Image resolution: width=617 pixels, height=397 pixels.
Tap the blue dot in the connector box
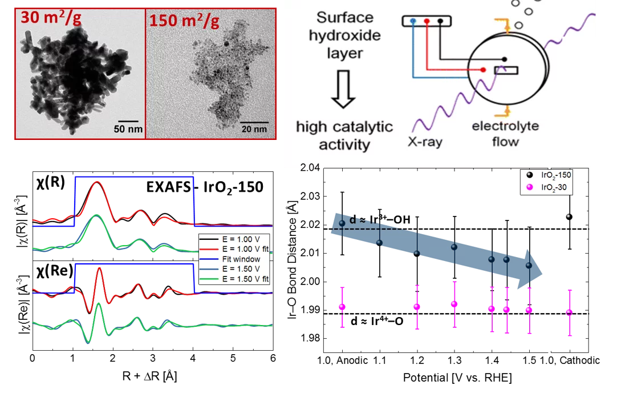pyautogui.click(x=413, y=22)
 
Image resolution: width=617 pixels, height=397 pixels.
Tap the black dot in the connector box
pyautogui.click(x=440, y=22)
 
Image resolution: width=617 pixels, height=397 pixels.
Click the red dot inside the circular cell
pyautogui.click(x=483, y=70)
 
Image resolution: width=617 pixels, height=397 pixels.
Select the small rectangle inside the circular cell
pyautogui.click(x=506, y=70)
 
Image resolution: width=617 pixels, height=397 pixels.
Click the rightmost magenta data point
pyautogui.click(x=569, y=312)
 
